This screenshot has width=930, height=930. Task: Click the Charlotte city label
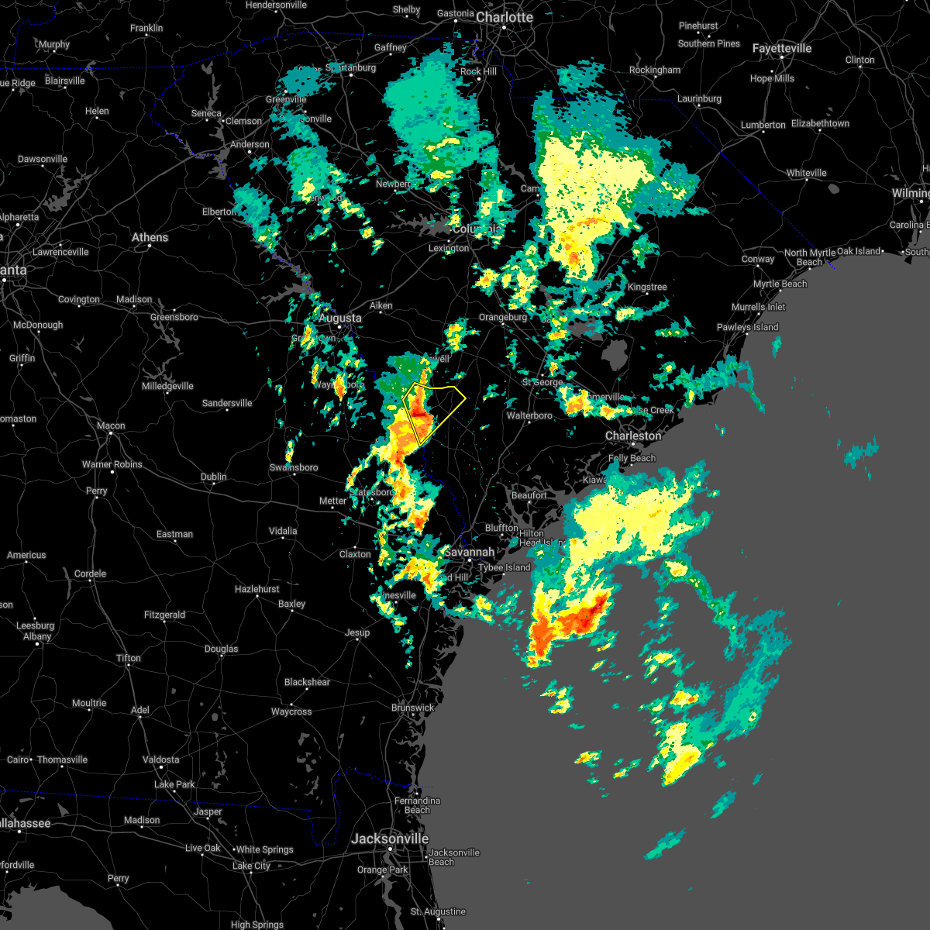[505, 17]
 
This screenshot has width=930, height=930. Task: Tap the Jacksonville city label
[390, 839]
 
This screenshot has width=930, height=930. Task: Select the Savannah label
[470, 552]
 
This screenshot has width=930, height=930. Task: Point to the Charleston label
[633, 436]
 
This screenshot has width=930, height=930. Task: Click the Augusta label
[340, 318]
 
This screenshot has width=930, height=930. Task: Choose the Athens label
[150, 237]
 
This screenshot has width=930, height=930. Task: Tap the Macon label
[111, 425]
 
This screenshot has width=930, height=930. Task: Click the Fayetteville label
[782, 48]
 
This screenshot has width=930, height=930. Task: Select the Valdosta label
[160, 759]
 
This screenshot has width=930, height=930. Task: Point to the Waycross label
[291, 711]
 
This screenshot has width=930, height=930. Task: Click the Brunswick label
[413, 708]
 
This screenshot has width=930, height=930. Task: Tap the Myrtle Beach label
[780, 284]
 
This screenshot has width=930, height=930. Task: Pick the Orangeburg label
[503, 317]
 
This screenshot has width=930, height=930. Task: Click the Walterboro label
[529, 415]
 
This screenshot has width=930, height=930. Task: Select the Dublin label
[214, 477]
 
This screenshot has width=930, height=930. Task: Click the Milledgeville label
[167, 386]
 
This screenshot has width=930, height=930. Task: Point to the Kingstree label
[647, 287]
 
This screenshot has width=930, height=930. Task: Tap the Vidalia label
[283, 531]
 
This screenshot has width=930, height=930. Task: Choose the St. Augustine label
[438, 911]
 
